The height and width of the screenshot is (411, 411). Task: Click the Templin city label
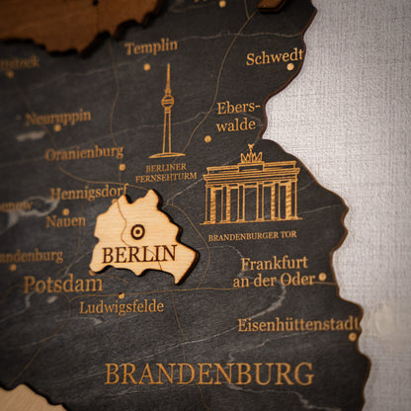pyautogui.click(x=151, y=46)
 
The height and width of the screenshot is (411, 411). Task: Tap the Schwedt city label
pyautogui.click(x=275, y=57)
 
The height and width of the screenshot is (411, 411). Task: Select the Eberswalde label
pyautogui.click(x=236, y=117)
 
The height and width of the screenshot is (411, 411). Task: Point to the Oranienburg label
pyautogui.click(x=84, y=153)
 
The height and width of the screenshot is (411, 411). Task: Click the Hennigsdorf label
pyautogui.click(x=88, y=193)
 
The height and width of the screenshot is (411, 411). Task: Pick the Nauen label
pyautogui.click(x=65, y=221)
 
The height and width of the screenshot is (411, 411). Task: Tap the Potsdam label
pyautogui.click(x=62, y=284)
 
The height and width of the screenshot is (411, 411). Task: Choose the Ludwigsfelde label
pyautogui.click(x=122, y=306)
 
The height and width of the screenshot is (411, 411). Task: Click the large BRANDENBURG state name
pyautogui.click(x=208, y=374)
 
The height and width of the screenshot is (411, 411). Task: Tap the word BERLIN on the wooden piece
pyautogui.click(x=138, y=253)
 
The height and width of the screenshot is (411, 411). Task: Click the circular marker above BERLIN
pyautogui.click(x=137, y=231)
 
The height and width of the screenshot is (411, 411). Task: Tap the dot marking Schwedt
pyautogui.click(x=290, y=67)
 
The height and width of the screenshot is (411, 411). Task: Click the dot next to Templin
pyautogui.click(x=146, y=67)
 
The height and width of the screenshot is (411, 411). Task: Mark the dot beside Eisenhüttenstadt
pyautogui.click(x=353, y=336)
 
